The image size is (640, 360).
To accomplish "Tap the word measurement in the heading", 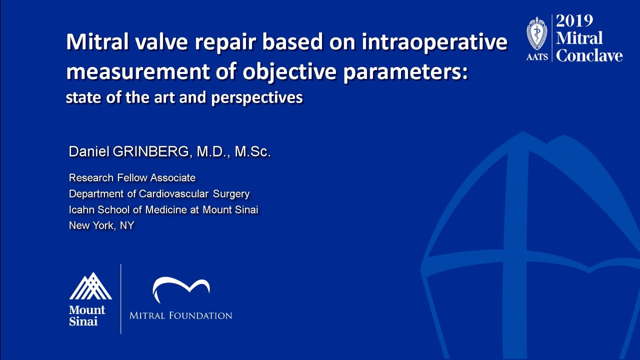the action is pyautogui.click(x=137, y=71).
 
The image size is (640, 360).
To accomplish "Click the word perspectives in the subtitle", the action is pyautogui.click(x=257, y=98).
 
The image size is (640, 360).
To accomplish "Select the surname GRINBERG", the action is pyautogui.click(x=151, y=151).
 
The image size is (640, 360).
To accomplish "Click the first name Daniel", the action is pyautogui.click(x=89, y=151).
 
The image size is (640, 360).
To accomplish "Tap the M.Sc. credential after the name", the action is pyautogui.click(x=252, y=151).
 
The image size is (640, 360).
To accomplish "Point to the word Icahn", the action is pyautogui.click(x=81, y=209).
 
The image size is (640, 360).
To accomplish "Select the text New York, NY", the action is pyautogui.click(x=101, y=225).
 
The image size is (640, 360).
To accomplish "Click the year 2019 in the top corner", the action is pyautogui.click(x=574, y=21).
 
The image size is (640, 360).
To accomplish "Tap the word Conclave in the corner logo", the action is pyautogui.click(x=589, y=55).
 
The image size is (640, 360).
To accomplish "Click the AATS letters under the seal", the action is pyautogui.click(x=537, y=57).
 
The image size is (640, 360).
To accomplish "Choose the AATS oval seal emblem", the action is pyautogui.click(x=537, y=33).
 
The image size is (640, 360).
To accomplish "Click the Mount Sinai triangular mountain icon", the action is pyautogui.click(x=90, y=286).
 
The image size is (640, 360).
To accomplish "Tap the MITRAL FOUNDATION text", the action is pyautogui.click(x=181, y=315).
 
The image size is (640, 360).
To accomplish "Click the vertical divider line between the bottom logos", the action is pyautogui.click(x=121, y=299).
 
